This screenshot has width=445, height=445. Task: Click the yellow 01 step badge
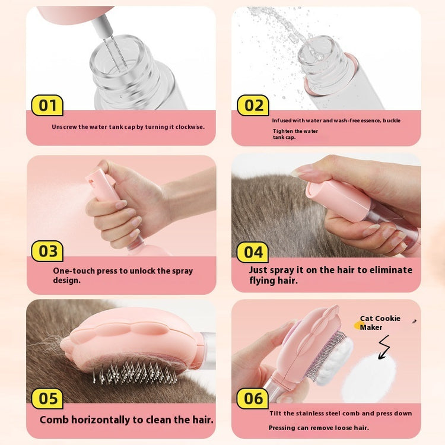coord(47,106)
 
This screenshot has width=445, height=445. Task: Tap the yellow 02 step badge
coord(253,106)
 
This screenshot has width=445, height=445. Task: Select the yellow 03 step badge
coord(47,251)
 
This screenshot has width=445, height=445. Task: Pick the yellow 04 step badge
coord(253,252)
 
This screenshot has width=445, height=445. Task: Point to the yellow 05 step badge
coord(47,398)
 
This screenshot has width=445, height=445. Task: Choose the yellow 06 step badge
coord(253,398)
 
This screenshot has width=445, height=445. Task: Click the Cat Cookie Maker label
coord(380,323)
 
